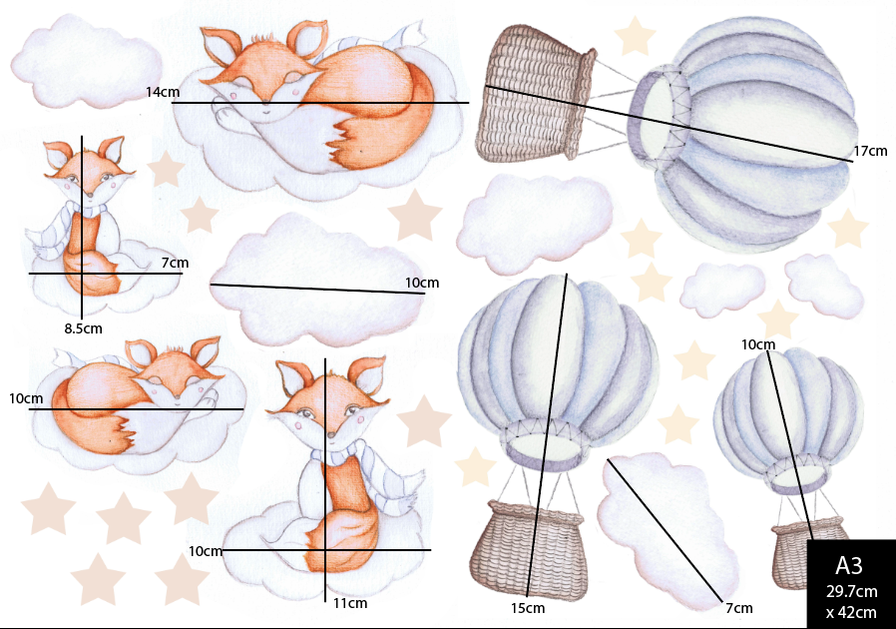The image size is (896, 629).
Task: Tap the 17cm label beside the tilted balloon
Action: coord(869,152)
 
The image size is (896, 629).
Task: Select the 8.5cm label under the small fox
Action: coord(83,327)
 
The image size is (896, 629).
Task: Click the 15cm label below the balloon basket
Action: coord(528,608)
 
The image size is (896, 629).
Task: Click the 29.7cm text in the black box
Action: coord(851,593)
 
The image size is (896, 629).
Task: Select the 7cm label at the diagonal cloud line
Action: coord(738,608)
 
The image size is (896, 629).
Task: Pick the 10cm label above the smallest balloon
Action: coord(758,344)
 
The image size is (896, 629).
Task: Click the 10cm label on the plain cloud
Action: coord(421,283)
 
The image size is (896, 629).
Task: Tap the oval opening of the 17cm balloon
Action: coord(657,114)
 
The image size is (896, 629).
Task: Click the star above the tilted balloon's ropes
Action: coord(634,36)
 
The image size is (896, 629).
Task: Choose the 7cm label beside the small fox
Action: coord(174,263)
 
